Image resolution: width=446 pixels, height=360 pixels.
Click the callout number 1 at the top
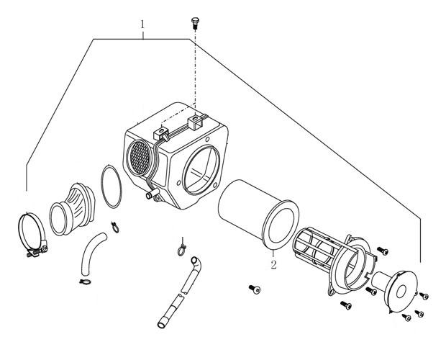tap(142, 24)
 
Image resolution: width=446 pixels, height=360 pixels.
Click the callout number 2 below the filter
tap(273, 265)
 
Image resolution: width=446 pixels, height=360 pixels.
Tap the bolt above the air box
tap(195, 23)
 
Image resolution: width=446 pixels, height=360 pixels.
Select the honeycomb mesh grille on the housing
tap(140, 158)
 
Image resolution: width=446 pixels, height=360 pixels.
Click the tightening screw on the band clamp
tap(37, 252)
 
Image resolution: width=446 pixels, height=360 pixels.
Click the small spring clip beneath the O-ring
tap(115, 227)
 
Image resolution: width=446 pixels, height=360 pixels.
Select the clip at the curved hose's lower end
tap(85, 282)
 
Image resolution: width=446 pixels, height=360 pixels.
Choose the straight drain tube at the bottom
tap(170, 312)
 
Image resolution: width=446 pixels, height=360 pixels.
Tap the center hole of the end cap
tap(401, 292)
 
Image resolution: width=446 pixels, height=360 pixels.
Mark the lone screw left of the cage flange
tap(255, 289)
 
